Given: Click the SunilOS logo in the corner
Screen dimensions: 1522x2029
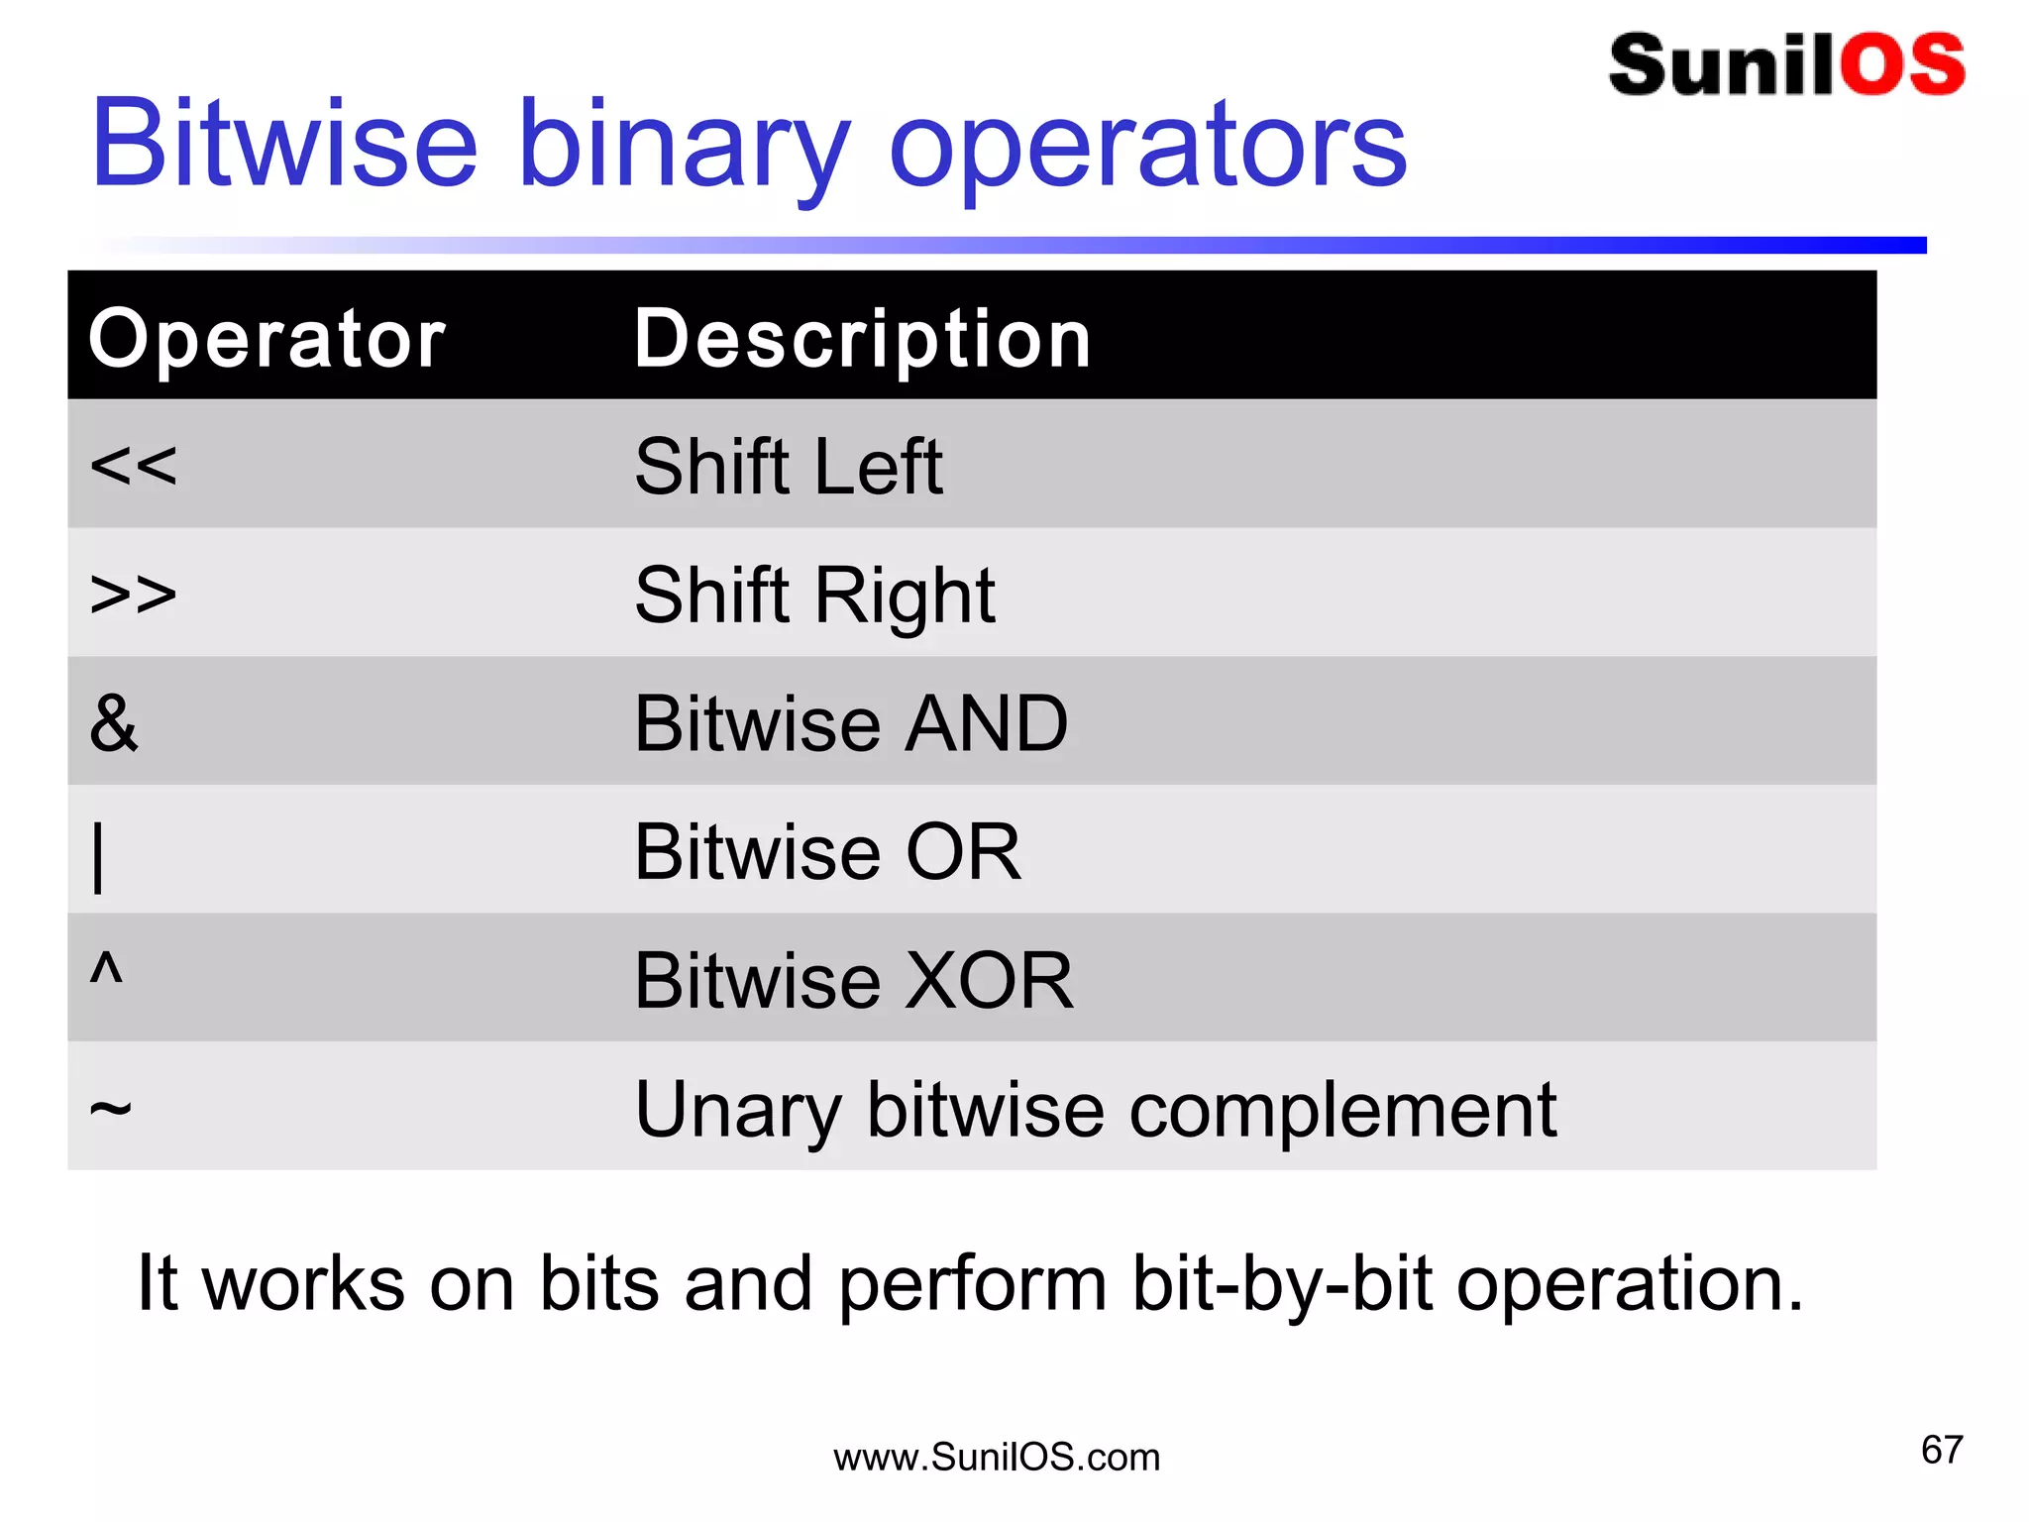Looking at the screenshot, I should pyautogui.click(x=1786, y=65).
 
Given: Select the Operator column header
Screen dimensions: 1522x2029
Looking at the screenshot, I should pyautogui.click(x=267, y=339).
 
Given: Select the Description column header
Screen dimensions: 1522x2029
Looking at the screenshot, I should pyautogui.click(x=862, y=339).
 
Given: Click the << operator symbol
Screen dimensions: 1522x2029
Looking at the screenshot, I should pyautogui.click(x=133, y=465).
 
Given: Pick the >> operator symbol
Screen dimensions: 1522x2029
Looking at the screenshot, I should pyautogui.click(x=133, y=594).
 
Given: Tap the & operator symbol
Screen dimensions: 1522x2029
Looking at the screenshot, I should pyautogui.click(x=114, y=722).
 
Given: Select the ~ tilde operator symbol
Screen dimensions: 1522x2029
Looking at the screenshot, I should pyautogui.click(x=110, y=1107).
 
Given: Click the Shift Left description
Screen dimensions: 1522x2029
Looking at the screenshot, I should pyautogui.click(x=789, y=466).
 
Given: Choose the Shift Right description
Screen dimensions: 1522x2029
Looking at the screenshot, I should pyautogui.click(x=814, y=596).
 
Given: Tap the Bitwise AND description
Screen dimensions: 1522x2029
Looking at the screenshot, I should pyautogui.click(x=851, y=723).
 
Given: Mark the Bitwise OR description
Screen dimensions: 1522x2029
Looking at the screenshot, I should pyautogui.click(x=827, y=852).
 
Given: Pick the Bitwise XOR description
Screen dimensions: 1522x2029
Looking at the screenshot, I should pyautogui.click(x=854, y=981).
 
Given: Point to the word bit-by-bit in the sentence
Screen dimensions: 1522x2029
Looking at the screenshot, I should pyautogui.click(x=1282, y=1284).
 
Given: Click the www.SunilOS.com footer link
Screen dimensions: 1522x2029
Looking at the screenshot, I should pyautogui.click(x=997, y=1458).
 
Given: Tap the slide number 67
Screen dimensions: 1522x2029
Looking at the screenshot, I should pyautogui.click(x=1941, y=1450).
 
